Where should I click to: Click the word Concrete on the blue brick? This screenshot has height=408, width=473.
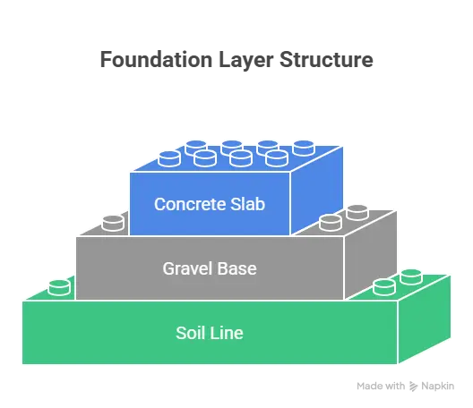pyautogui.click(x=187, y=204)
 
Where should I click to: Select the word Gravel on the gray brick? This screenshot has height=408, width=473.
pyautogui.click(x=186, y=268)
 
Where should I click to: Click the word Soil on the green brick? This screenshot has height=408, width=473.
pyautogui.click(x=189, y=334)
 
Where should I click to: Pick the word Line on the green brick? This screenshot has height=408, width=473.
pyautogui.click(x=226, y=334)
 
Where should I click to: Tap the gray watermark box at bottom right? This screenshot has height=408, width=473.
pyautogui.click(x=404, y=386)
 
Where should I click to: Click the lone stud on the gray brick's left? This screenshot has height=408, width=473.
pyautogui.click(x=113, y=222)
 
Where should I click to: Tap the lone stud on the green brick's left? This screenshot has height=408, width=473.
pyautogui.click(x=59, y=287)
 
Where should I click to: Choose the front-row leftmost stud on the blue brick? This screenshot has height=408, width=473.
pyautogui.click(x=169, y=158)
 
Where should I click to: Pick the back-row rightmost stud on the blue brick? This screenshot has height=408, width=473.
pyautogui.click(x=304, y=146)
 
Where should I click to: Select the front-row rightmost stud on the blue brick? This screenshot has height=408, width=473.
pyautogui.click(x=276, y=158)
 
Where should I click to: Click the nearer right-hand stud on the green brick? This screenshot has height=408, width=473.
pyautogui.click(x=384, y=286)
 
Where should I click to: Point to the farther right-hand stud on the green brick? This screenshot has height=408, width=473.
pyautogui.click(x=411, y=275)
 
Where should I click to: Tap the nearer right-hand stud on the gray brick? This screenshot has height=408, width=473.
pyautogui.click(x=331, y=222)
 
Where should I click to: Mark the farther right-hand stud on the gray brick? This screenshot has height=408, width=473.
pyautogui.click(x=357, y=210)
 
